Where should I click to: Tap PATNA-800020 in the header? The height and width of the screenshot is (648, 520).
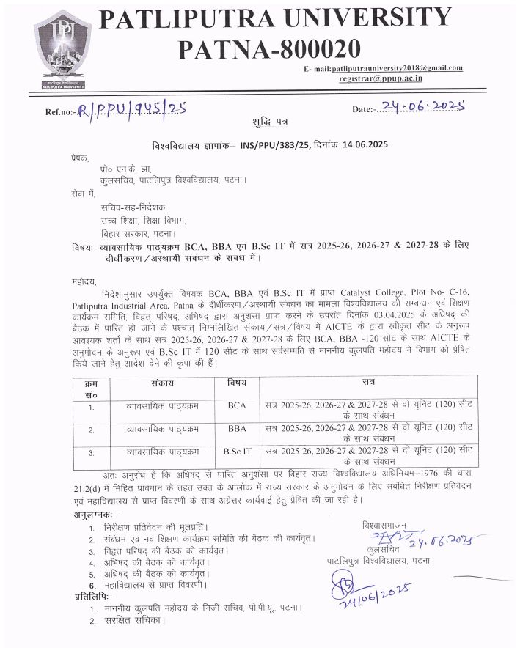pos(269,50)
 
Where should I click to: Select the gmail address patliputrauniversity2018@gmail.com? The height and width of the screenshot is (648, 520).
pos(396,68)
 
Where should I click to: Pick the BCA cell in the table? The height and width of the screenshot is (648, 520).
pos(236,405)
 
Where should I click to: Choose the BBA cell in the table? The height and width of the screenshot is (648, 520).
pos(236,428)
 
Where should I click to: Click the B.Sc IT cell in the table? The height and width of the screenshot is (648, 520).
pos(236,452)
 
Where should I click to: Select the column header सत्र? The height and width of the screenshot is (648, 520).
pos(368,383)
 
